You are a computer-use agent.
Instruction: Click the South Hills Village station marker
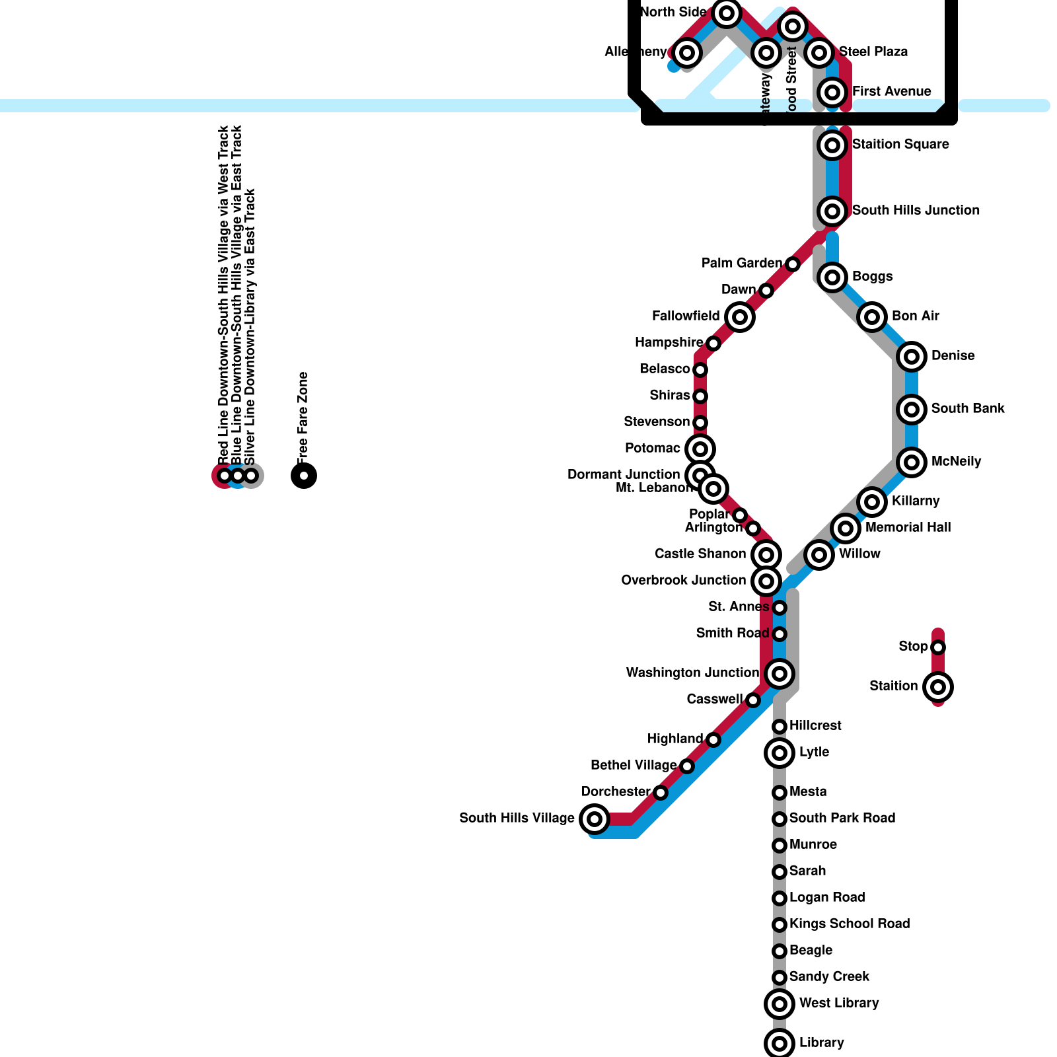pyautogui.click(x=595, y=819)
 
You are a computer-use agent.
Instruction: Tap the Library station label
pyautogui.click(x=821, y=1042)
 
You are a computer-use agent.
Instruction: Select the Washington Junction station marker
pyautogui.click(x=780, y=674)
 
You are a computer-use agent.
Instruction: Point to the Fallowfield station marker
pyautogui.click(x=740, y=317)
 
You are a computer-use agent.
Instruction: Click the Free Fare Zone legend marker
pyautogui.click(x=304, y=476)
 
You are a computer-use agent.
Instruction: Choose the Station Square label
pyautogui.click(x=900, y=144)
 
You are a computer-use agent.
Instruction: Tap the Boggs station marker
pyautogui.click(x=832, y=277)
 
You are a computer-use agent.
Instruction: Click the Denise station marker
pyautogui.click(x=912, y=357)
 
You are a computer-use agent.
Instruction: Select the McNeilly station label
pyautogui.click(x=956, y=461)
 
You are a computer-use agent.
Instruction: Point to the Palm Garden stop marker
pyautogui.click(x=793, y=264)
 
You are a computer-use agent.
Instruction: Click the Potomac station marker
pyautogui.click(x=700, y=449)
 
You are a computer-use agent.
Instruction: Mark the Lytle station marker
pyautogui.click(x=780, y=753)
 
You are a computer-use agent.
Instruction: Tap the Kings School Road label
pyautogui.click(x=850, y=924)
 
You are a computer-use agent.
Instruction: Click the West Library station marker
pyautogui.click(x=780, y=1004)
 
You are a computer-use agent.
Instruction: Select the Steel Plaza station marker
pyautogui.click(x=819, y=52)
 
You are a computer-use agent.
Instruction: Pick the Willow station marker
pyautogui.click(x=819, y=555)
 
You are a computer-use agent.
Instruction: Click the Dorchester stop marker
pyautogui.click(x=661, y=793)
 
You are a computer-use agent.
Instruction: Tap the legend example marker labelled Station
pyautogui.click(x=938, y=687)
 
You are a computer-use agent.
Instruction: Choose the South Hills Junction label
pyautogui.click(x=916, y=210)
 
